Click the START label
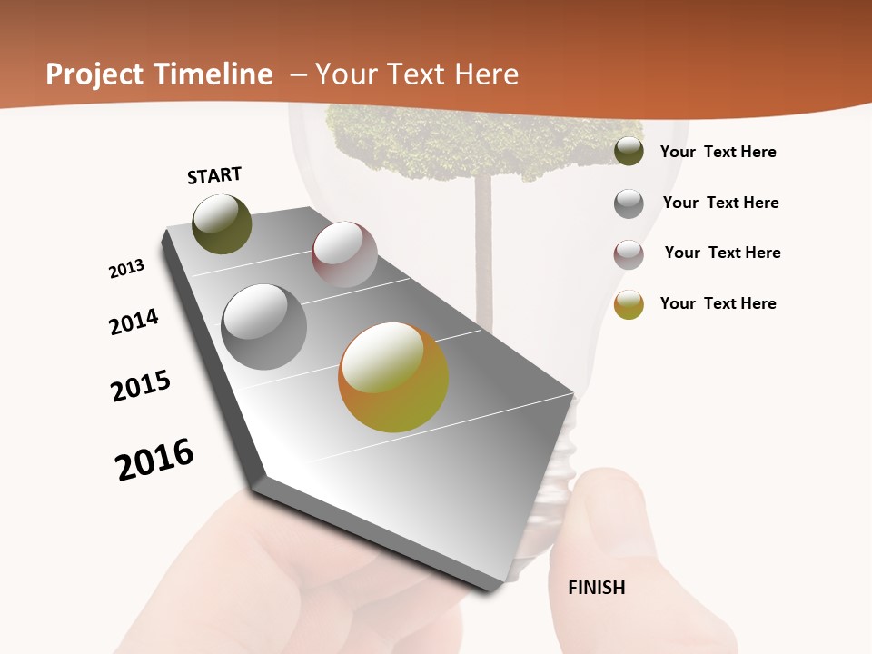pyautogui.click(x=214, y=175)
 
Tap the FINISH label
pyautogui.click(x=597, y=588)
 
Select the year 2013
pyautogui.click(x=126, y=269)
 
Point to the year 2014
pyautogui.click(x=134, y=322)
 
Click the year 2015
pyautogui.click(x=141, y=386)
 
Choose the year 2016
pyautogui.click(x=154, y=459)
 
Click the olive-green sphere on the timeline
pyautogui.click(x=222, y=224)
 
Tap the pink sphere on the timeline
pyautogui.click(x=344, y=254)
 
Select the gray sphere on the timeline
pyautogui.click(x=264, y=327)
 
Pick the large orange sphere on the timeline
pyautogui.click(x=393, y=377)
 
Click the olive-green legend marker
pyautogui.click(x=629, y=151)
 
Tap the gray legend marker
pyautogui.click(x=629, y=203)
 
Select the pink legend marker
pyautogui.click(x=629, y=254)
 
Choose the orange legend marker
pyautogui.click(x=629, y=304)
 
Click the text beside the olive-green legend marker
pyautogui.click(x=718, y=153)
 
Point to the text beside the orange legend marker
pyautogui.click(x=718, y=303)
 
